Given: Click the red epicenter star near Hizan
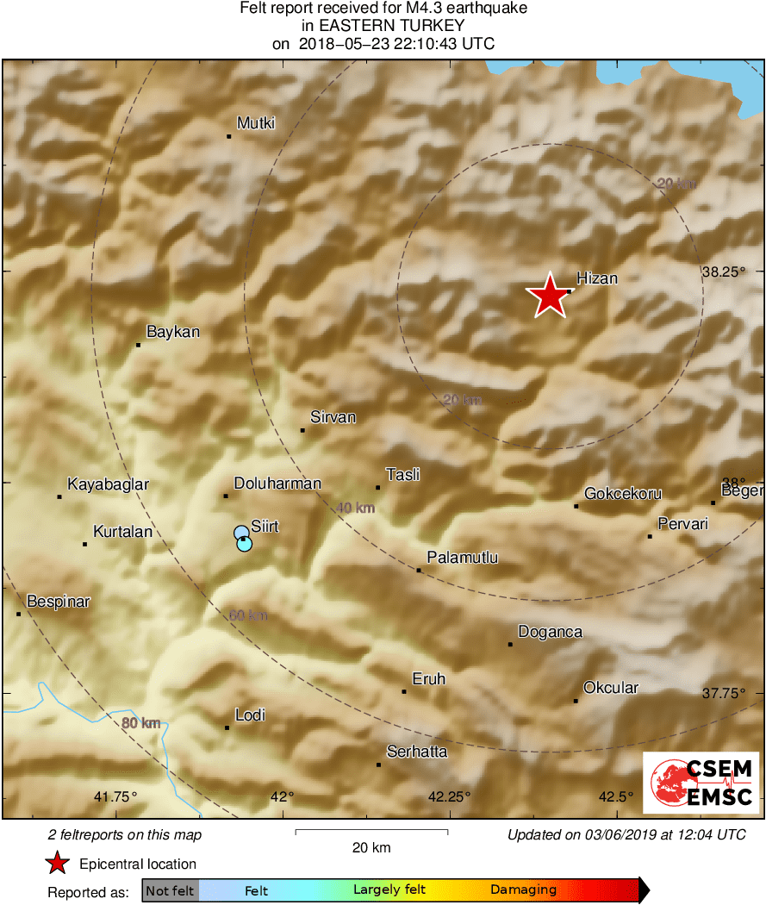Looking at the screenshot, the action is tap(549, 296).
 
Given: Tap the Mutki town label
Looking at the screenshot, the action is tap(256, 123).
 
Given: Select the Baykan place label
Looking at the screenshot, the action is tap(173, 332).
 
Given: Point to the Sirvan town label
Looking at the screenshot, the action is tap(333, 417).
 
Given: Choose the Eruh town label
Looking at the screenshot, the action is tap(429, 679).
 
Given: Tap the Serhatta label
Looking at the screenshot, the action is tap(417, 752).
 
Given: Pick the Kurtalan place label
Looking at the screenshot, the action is tap(122, 532).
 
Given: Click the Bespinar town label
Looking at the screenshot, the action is tap(59, 602).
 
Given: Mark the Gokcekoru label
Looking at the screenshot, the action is tap(622, 494).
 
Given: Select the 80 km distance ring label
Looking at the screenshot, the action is tap(140, 723).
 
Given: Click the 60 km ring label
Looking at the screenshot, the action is tap(248, 615).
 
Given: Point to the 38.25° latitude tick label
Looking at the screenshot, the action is tap(723, 271).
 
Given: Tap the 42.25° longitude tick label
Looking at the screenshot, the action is tap(450, 796).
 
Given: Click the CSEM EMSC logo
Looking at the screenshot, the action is tap(701, 782).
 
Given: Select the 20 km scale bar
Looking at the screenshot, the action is tap(371, 832).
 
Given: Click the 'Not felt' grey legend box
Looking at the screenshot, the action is tap(170, 889).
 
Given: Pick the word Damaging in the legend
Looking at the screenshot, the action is tap(523, 889).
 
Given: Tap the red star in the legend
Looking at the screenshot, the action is tap(57, 864).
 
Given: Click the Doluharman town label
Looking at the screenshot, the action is tap(277, 484).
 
